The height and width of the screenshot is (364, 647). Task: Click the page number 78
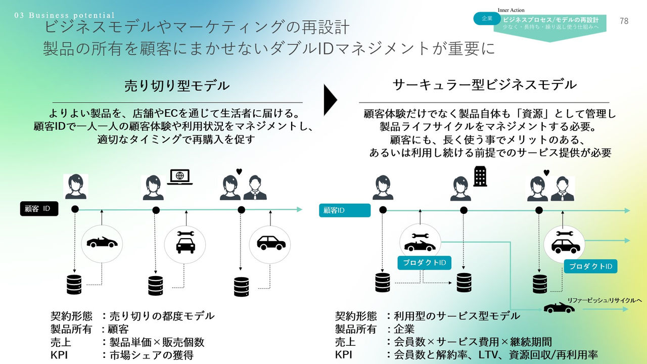tap(624, 21)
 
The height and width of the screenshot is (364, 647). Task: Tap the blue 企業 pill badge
tap(487, 19)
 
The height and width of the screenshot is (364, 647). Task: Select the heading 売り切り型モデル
tap(177, 86)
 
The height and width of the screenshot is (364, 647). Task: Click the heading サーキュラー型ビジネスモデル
tap(484, 84)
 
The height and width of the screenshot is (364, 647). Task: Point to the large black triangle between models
tap(330, 99)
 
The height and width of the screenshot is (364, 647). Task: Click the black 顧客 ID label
tap(39, 209)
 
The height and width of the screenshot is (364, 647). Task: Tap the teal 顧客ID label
tap(344, 210)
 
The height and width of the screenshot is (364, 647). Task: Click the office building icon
tap(480, 177)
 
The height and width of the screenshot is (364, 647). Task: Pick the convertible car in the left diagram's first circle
tap(102, 243)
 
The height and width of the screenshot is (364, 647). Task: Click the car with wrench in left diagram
tap(185, 243)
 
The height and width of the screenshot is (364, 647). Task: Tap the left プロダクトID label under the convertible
tap(424, 262)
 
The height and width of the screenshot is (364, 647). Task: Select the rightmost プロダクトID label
tap(590, 266)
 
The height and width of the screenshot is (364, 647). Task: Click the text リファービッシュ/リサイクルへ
tap(604, 301)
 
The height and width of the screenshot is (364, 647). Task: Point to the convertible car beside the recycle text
tap(559, 307)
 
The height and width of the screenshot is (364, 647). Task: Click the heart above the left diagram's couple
tap(239, 172)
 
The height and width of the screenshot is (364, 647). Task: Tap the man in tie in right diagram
tap(563, 189)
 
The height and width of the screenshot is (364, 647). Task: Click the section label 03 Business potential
tap(65, 16)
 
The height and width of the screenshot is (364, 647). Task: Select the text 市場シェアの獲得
tap(151, 355)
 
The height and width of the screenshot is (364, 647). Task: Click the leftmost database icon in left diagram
tap(74, 285)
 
